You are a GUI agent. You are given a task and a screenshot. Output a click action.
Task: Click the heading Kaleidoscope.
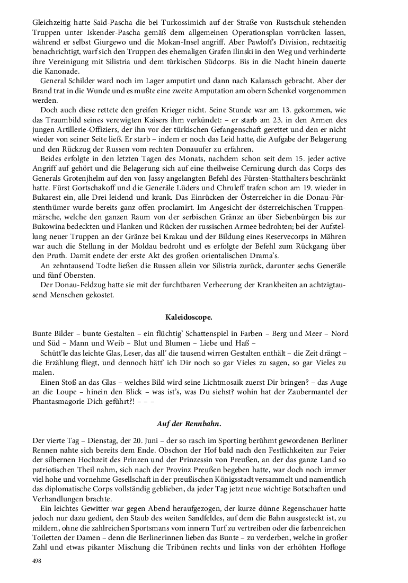189,317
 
